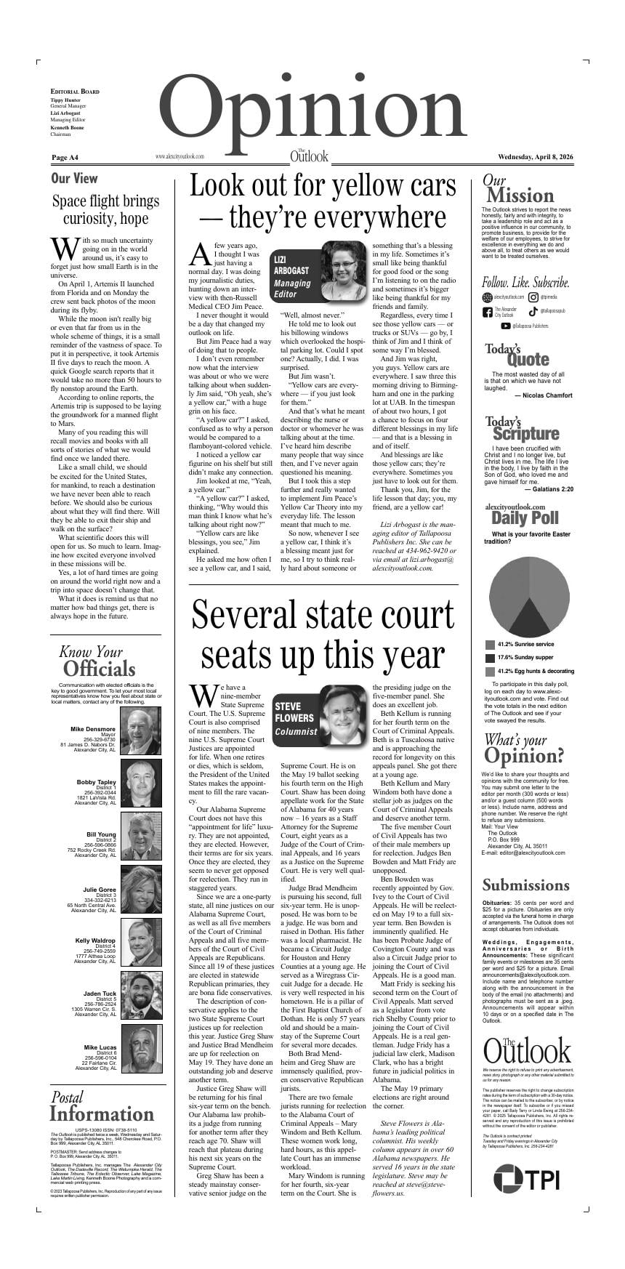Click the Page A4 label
point(65,158)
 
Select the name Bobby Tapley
point(97,782)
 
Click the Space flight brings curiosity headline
point(105,209)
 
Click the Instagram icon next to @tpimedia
point(533,297)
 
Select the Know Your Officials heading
point(98,661)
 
